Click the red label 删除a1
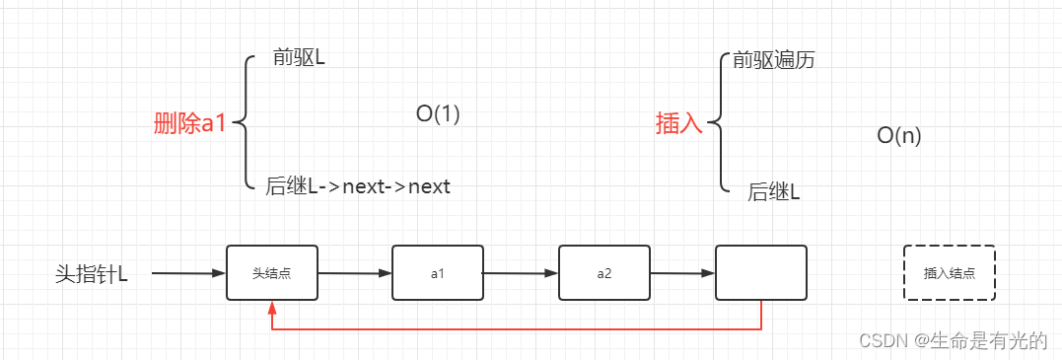(190, 124)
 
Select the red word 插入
(679, 124)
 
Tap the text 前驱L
(300, 58)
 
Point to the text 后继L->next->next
(358, 186)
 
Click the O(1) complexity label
(438, 114)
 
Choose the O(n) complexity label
(898, 136)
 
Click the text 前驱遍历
(773, 60)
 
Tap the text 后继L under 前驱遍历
(773, 192)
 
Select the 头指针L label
(92, 273)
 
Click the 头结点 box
(272, 273)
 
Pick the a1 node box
(438, 273)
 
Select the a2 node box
(604, 273)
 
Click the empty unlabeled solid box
(760, 273)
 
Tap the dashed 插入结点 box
(950, 273)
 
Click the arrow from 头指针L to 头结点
(187, 273)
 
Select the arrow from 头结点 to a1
(355, 273)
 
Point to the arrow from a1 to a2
(521, 273)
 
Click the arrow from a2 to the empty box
(682, 273)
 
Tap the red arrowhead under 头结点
(272, 308)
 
